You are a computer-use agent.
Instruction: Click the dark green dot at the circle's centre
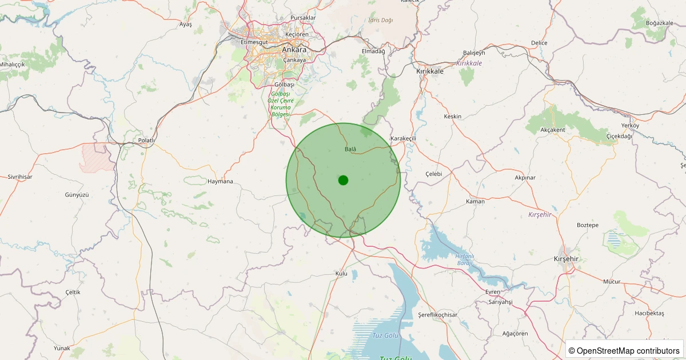tap(343, 180)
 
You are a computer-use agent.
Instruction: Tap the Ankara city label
tap(294, 50)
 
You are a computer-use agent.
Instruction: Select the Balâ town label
tap(350, 149)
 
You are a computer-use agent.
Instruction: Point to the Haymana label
tap(221, 182)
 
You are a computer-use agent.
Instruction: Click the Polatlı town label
tap(147, 140)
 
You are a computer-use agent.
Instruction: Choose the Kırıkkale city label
tap(430, 71)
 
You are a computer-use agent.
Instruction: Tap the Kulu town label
tap(341, 274)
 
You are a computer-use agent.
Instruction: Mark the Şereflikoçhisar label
tap(438, 315)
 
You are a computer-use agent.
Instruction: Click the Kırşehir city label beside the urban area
tap(567, 259)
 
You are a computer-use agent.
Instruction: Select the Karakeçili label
tap(404, 139)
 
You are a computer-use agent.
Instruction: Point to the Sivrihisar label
tap(20, 177)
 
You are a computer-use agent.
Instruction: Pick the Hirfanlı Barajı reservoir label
tap(464, 259)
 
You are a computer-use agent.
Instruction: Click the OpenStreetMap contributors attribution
tap(624, 350)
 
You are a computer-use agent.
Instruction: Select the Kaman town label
tap(475, 201)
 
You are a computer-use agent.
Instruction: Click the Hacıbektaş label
tap(649, 313)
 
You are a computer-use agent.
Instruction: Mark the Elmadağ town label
tap(374, 51)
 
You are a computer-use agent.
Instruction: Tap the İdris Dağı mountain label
tap(381, 20)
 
